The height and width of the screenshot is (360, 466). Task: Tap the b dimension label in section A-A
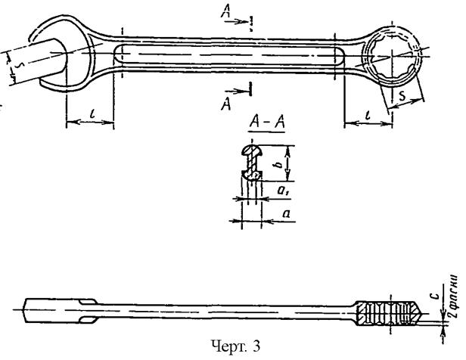279,163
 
